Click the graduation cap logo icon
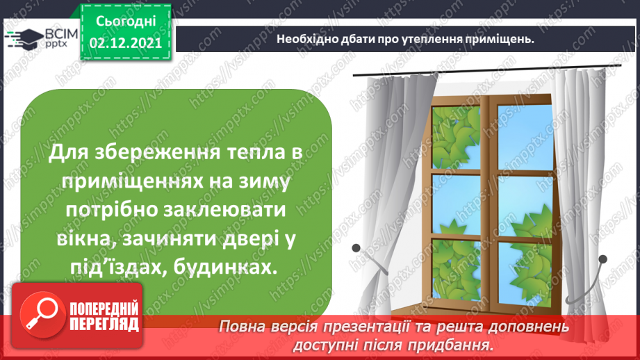point(24,38)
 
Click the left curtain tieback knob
point(356,247)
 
